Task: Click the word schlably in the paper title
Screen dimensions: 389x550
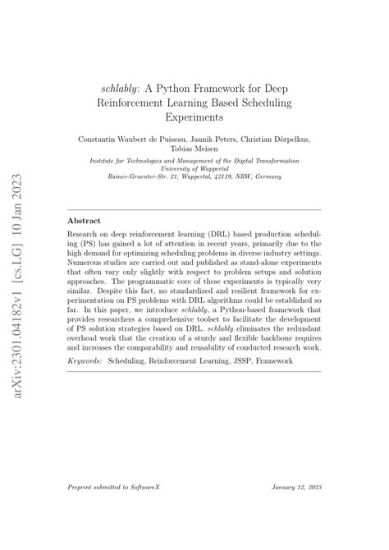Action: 117,87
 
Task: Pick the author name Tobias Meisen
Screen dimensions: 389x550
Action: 194,150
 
